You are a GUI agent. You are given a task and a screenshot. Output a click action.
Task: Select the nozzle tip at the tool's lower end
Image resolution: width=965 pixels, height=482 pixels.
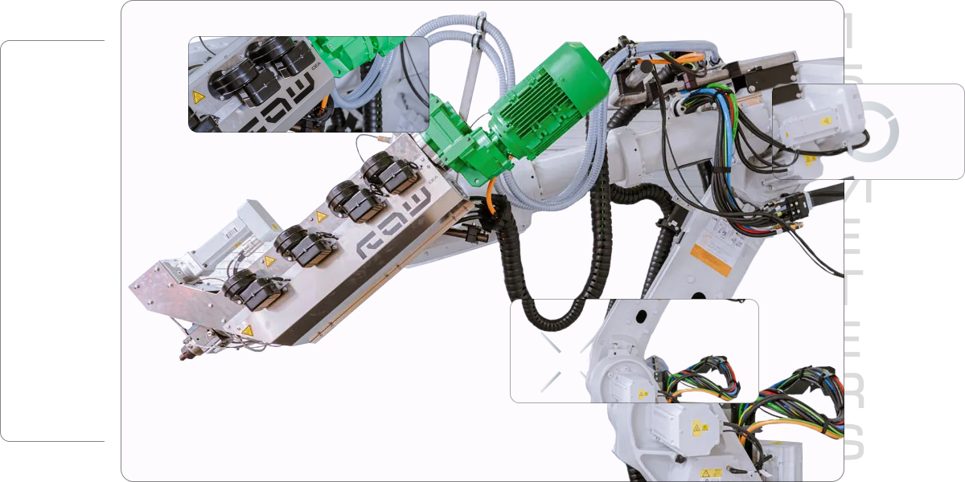[184, 354]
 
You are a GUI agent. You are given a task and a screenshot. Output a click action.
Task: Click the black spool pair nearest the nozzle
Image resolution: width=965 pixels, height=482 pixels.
[253, 289]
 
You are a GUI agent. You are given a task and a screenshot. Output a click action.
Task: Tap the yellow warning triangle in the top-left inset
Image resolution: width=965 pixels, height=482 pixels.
[198, 98]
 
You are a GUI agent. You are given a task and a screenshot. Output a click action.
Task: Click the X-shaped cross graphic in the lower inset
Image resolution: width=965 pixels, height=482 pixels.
[563, 361]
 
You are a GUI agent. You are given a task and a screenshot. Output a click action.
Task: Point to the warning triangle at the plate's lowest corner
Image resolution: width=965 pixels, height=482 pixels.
[248, 330]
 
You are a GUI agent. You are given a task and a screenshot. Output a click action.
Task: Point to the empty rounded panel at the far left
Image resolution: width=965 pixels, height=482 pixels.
[53, 241]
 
